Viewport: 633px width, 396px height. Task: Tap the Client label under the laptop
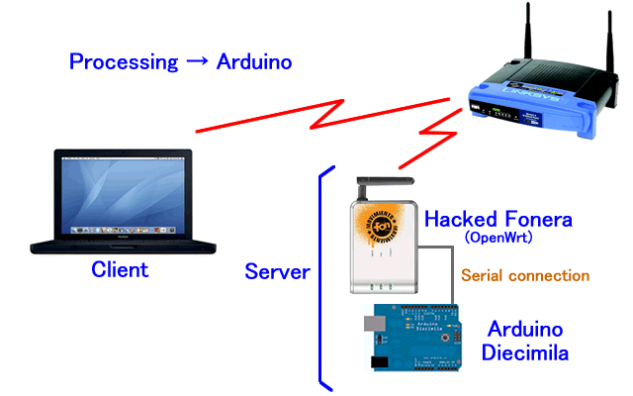click(x=120, y=269)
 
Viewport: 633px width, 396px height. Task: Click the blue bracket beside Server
click(x=320, y=277)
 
